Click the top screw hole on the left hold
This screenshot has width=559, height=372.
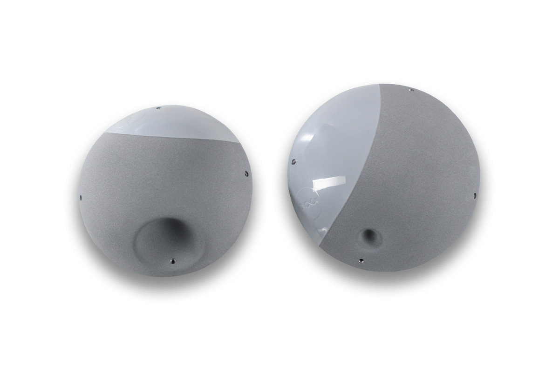click(x=158, y=108)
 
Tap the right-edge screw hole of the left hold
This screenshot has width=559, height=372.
click(x=246, y=174)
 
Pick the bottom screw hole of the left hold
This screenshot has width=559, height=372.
click(x=173, y=261)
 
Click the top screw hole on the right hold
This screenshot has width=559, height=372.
click(x=409, y=90)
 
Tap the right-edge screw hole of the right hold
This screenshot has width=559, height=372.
click(x=475, y=195)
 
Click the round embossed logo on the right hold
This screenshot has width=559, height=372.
click(x=309, y=200)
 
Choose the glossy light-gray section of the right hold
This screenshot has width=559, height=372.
click(x=335, y=139)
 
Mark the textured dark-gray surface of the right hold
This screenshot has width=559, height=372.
click(x=419, y=186)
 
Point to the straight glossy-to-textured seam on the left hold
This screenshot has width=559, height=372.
click(x=177, y=137)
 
